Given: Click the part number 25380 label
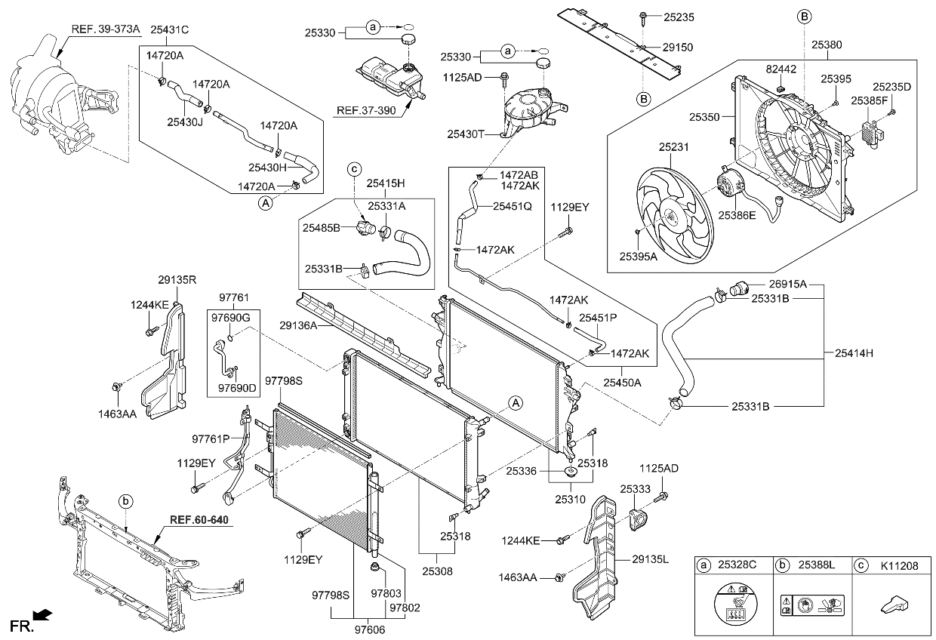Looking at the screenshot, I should point(827,45).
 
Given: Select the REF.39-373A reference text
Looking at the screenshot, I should point(105,29).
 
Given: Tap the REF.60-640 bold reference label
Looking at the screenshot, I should point(199,520).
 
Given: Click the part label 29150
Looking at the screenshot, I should point(676,47).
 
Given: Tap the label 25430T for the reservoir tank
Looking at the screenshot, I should point(466,134).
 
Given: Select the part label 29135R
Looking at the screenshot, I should point(177,280).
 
